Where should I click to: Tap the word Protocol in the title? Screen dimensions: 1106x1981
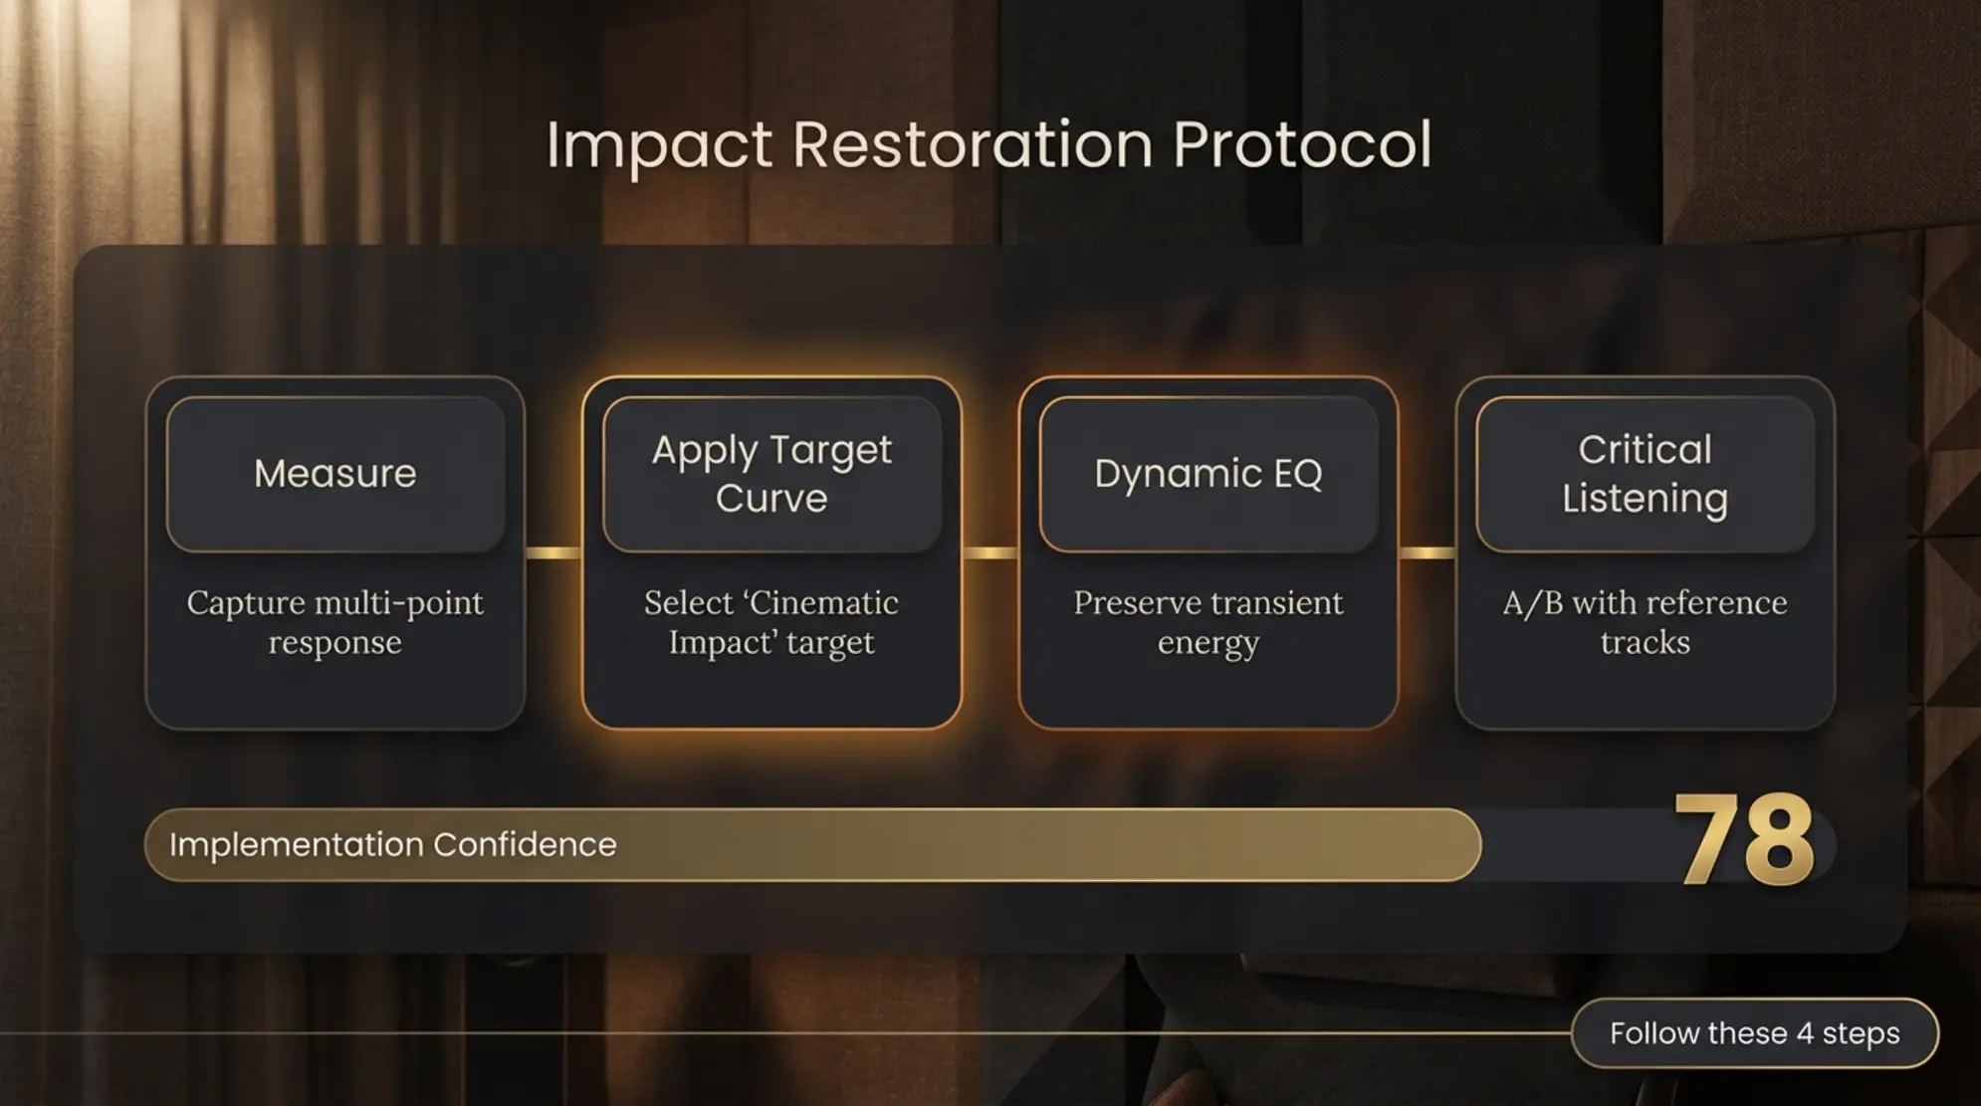click(x=1301, y=145)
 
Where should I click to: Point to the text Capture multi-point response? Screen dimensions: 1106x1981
click(x=335, y=622)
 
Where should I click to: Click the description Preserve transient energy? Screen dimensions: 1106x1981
click(x=1208, y=622)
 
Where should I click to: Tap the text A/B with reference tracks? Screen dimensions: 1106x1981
click(x=1645, y=622)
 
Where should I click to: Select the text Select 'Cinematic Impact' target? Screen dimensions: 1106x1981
click(x=771, y=622)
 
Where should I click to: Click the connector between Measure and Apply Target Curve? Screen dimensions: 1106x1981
click(x=553, y=553)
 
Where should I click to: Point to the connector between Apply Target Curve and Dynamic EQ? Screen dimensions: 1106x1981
click(x=990, y=553)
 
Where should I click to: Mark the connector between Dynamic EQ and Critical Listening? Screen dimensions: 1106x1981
click(x=1427, y=553)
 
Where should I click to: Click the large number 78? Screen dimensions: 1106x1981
click(x=1744, y=841)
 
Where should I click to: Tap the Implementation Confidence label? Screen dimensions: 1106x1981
click(x=392, y=845)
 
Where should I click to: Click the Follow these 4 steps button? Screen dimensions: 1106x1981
click(x=1754, y=1033)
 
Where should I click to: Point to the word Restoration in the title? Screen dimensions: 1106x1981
click(x=972, y=145)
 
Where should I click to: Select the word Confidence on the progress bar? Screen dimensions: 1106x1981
click(x=525, y=845)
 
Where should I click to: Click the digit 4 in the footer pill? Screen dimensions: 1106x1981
click(x=1805, y=1033)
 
